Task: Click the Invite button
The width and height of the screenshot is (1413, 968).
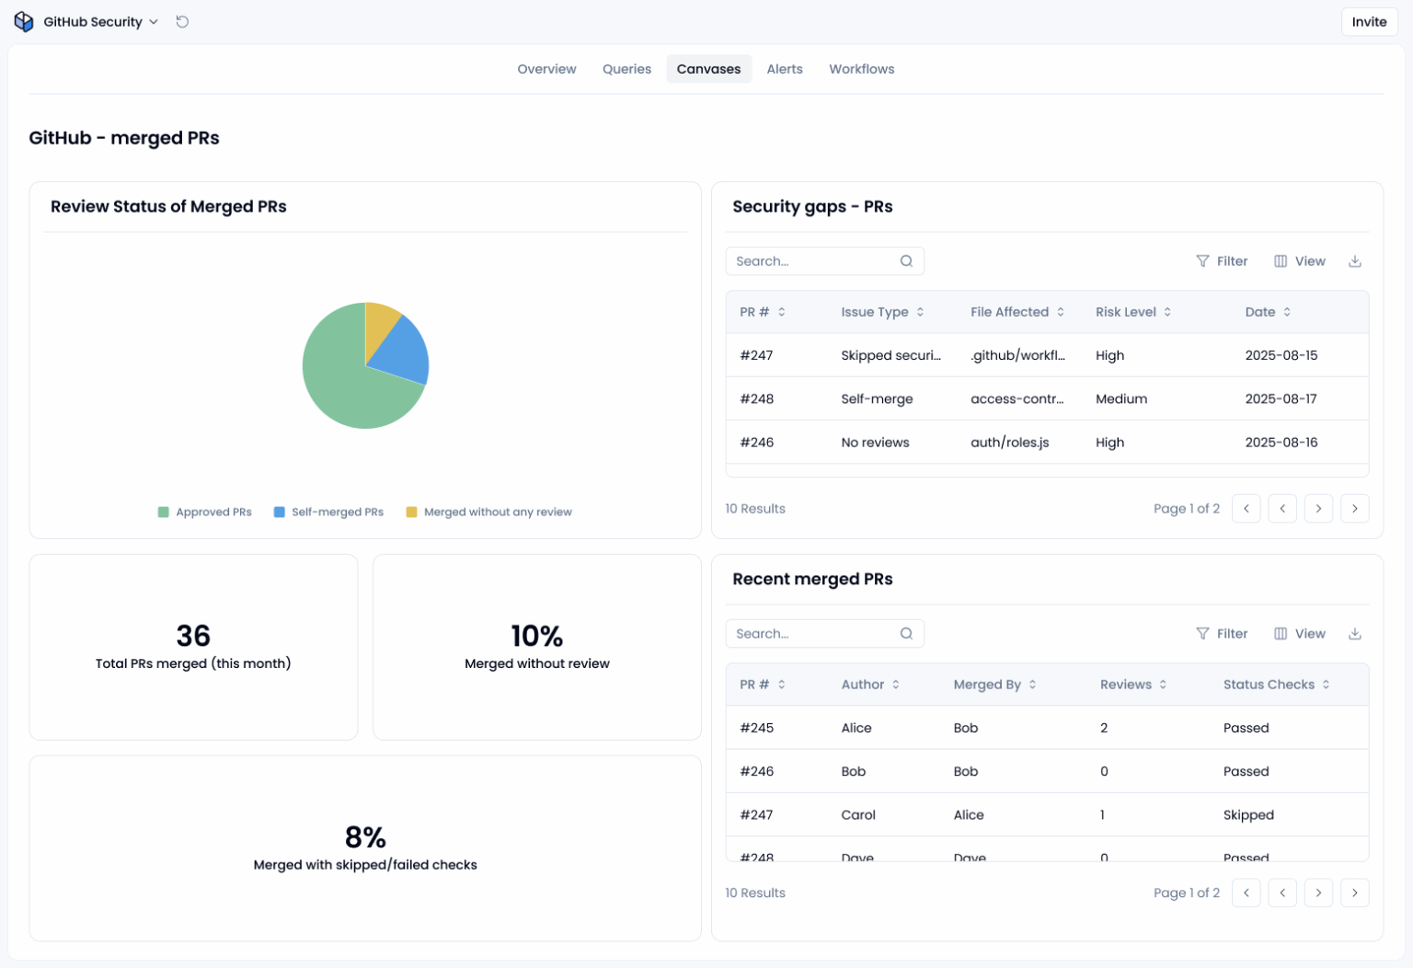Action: pyautogui.click(x=1368, y=22)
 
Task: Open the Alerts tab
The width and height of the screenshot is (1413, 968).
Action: pyautogui.click(x=784, y=69)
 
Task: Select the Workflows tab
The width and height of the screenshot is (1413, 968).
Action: pyautogui.click(x=861, y=69)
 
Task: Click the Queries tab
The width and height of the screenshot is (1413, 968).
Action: pyautogui.click(x=626, y=69)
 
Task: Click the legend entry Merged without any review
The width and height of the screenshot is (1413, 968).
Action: pyautogui.click(x=497, y=513)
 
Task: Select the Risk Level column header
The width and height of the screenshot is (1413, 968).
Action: pyautogui.click(x=1125, y=312)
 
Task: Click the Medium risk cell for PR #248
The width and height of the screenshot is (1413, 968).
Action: pyautogui.click(x=1120, y=399)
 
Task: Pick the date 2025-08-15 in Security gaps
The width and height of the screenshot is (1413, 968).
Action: pyautogui.click(x=1281, y=355)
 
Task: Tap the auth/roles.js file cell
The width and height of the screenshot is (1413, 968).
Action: pyautogui.click(x=1009, y=443)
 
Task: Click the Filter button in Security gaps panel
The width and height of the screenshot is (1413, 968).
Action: pyautogui.click(x=1222, y=261)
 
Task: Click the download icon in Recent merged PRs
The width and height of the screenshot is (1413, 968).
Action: pyautogui.click(x=1354, y=634)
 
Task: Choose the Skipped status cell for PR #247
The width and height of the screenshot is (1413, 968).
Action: pyautogui.click(x=1248, y=815)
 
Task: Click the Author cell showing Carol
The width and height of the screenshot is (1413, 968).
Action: pyautogui.click(x=858, y=815)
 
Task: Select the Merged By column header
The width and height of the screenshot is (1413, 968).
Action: pyautogui.click(x=987, y=685)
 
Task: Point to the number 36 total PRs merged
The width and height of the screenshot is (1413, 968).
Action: pyautogui.click(x=193, y=636)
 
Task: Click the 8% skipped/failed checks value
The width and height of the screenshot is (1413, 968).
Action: pyautogui.click(x=365, y=837)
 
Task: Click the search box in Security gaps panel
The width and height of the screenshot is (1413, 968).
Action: pyautogui.click(x=814, y=261)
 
